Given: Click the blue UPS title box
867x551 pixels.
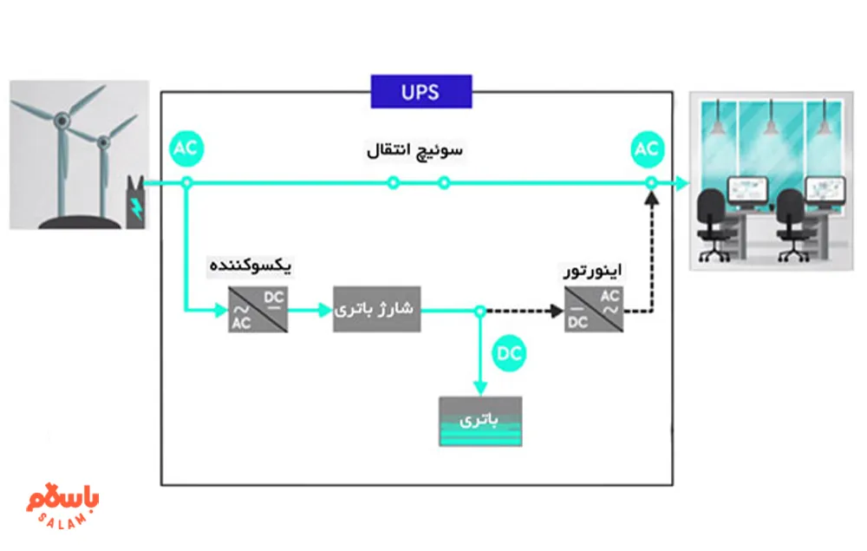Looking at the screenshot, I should point(421,91).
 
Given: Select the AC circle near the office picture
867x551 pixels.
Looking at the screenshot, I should point(647,149).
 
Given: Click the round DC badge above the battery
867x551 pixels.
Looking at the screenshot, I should point(510,354).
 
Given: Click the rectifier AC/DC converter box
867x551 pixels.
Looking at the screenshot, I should point(258,310).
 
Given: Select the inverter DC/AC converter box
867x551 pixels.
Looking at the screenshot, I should point(594,310).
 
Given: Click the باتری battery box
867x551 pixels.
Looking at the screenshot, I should point(480,421).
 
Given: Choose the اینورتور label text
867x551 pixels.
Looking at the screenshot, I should point(593,272).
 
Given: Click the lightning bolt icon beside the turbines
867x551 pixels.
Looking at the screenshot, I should point(135,207).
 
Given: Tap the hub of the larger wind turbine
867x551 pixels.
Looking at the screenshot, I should point(63,124).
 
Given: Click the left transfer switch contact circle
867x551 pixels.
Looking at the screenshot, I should point(393,183).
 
